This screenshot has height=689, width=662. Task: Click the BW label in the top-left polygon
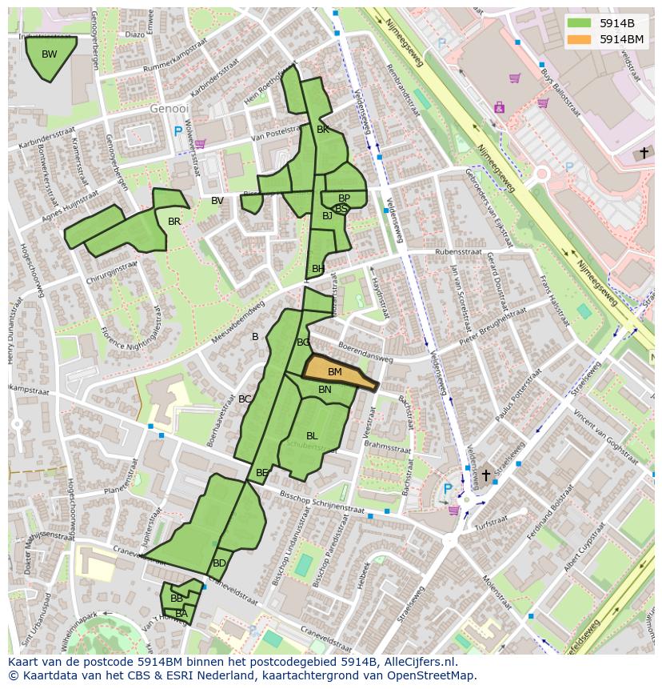pos(49,54)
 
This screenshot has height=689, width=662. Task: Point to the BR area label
pos(174,222)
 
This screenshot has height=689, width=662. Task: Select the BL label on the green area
pos(312,436)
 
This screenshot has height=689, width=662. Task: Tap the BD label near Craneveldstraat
pos(219,563)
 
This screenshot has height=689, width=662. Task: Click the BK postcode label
pos(323,130)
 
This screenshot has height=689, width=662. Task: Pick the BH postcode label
pos(318,269)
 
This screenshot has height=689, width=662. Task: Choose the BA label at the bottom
pos(181,614)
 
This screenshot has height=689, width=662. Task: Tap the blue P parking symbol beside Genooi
pos(177,130)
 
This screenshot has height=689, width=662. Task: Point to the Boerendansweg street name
pos(365,354)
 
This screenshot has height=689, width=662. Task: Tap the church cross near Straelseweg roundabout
pos(485,475)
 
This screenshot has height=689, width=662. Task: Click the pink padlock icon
pos(500,106)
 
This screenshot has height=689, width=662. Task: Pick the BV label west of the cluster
pos(217,201)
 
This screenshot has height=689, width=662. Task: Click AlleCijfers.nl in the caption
pos(421,662)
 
